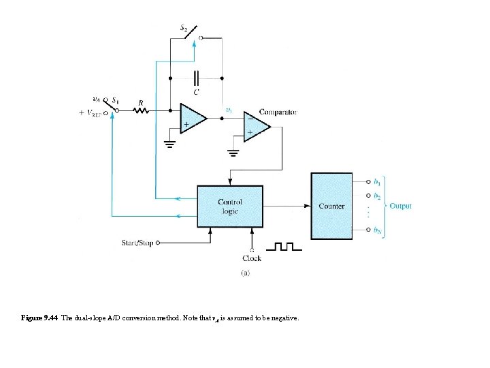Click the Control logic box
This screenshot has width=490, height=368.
(x=229, y=206)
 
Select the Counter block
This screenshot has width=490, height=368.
(x=331, y=206)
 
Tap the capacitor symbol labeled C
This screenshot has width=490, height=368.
(x=196, y=78)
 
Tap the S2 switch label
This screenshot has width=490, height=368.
(x=184, y=28)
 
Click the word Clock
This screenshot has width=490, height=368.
(x=252, y=258)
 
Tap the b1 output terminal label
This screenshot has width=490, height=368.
(x=377, y=182)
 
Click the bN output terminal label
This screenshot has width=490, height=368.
(x=377, y=230)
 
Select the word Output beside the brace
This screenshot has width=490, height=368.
(x=400, y=206)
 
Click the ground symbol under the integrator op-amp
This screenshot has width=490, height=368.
(x=169, y=144)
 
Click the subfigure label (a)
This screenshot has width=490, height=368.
(x=246, y=273)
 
